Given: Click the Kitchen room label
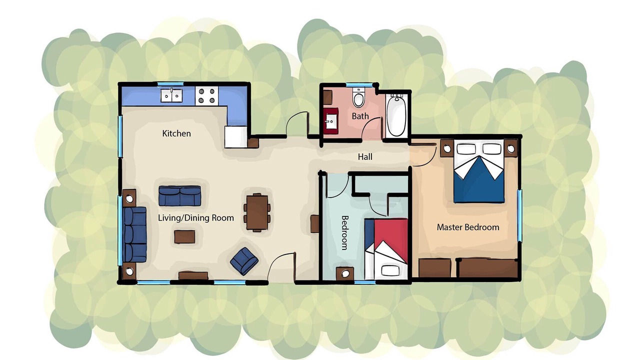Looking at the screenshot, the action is pyautogui.click(x=176, y=133).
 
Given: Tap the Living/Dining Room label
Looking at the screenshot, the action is pyautogui.click(x=195, y=218).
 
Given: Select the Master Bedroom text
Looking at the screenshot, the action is pyautogui.click(x=468, y=227).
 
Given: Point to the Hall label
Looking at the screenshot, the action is pyautogui.click(x=365, y=156).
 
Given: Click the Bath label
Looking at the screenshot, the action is pyautogui.click(x=360, y=116).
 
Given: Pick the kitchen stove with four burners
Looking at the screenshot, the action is pyautogui.click(x=206, y=96).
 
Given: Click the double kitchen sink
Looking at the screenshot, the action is pyautogui.click(x=171, y=95).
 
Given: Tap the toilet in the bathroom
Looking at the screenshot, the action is pyautogui.click(x=358, y=97).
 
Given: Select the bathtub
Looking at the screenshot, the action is pyautogui.click(x=396, y=115).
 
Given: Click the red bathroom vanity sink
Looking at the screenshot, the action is pyautogui.click(x=331, y=121).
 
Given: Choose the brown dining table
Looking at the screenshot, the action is pyautogui.click(x=257, y=212).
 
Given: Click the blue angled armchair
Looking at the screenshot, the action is pyautogui.click(x=244, y=261).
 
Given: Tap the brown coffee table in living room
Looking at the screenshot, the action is pyautogui.click(x=184, y=237).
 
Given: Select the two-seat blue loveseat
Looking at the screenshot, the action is pyautogui.click(x=179, y=195).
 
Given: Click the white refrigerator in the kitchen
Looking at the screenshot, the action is pyautogui.click(x=235, y=137).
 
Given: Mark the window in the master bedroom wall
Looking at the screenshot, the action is pyautogui.click(x=519, y=215).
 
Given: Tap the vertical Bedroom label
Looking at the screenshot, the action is pyautogui.click(x=345, y=233).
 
